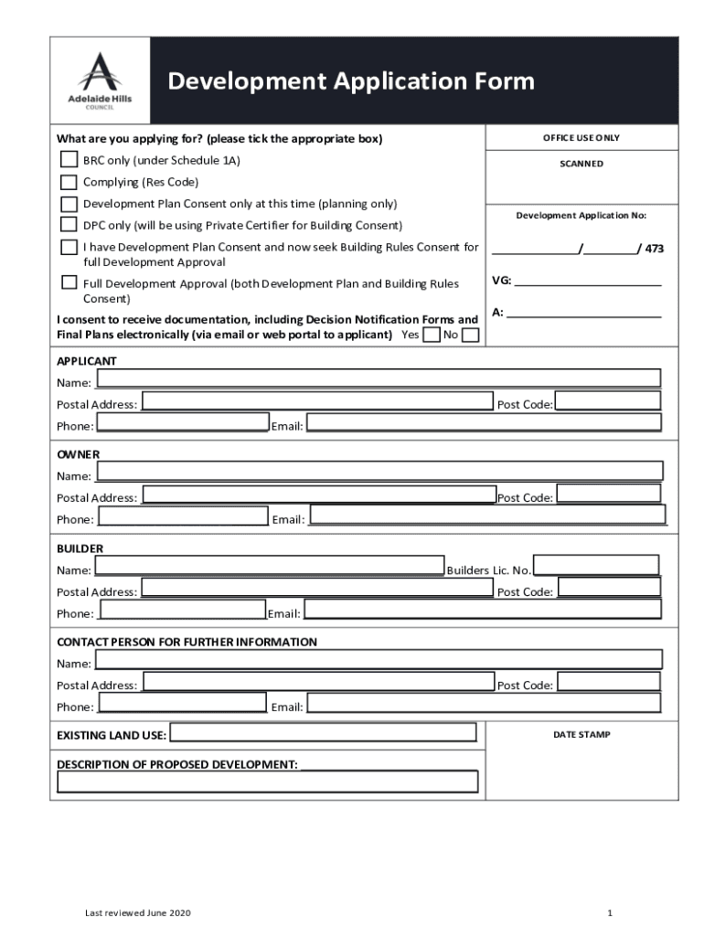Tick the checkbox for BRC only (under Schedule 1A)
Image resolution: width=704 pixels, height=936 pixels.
[x=69, y=160]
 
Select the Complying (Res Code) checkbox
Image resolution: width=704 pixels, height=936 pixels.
[x=69, y=182]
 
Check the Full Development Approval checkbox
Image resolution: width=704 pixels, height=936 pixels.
[x=69, y=282]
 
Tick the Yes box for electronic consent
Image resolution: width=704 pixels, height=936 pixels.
[x=431, y=335]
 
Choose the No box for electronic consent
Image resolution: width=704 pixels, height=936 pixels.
[x=470, y=335]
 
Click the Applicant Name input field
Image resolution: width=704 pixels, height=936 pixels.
[x=378, y=378]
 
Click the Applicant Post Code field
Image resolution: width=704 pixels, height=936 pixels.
[x=607, y=401]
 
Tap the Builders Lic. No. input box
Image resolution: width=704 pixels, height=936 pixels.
[x=595, y=567]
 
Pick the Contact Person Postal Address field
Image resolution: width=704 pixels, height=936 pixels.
[x=318, y=682]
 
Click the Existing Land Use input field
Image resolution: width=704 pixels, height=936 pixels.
[x=323, y=733]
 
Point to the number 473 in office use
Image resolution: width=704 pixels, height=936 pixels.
[x=655, y=250]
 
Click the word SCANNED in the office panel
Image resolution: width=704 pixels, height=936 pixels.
[x=581, y=165]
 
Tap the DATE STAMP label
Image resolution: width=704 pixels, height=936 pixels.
[x=581, y=734]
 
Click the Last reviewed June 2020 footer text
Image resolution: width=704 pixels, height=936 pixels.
[x=138, y=913]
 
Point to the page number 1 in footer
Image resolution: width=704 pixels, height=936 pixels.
[x=608, y=913]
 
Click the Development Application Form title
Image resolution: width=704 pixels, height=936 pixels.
[x=351, y=81]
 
